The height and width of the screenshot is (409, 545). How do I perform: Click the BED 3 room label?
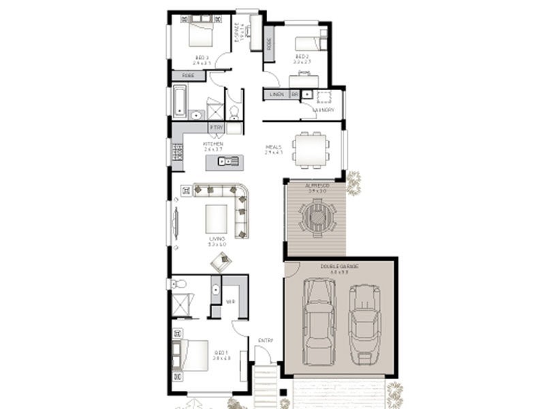coord(202,57)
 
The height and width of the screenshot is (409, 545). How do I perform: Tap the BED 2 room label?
coord(302,57)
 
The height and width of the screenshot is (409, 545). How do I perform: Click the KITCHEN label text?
coord(213,145)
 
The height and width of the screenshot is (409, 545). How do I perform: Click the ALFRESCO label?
coord(317,185)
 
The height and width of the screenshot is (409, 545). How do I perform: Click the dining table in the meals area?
coord(310,149)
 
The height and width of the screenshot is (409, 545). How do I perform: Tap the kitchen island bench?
coord(225,162)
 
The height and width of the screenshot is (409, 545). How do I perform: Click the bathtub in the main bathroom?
coord(179,101)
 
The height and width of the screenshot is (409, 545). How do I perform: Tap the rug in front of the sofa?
coord(217,218)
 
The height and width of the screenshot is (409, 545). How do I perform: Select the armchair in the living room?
coord(221,260)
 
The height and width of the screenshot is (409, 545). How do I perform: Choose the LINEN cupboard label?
coord(276,94)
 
